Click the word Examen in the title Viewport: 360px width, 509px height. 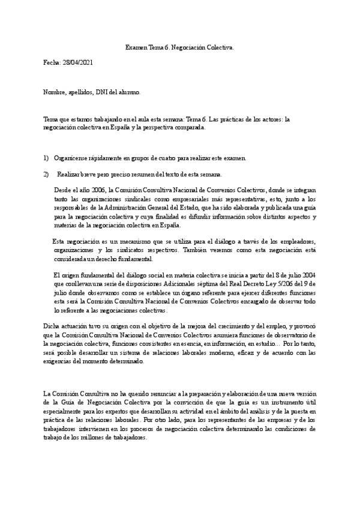(x=136, y=46)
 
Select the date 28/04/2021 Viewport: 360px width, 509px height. (x=77, y=62)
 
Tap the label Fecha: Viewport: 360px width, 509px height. (x=52, y=62)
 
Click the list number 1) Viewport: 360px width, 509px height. (x=46, y=158)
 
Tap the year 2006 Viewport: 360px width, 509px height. (x=97, y=190)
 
